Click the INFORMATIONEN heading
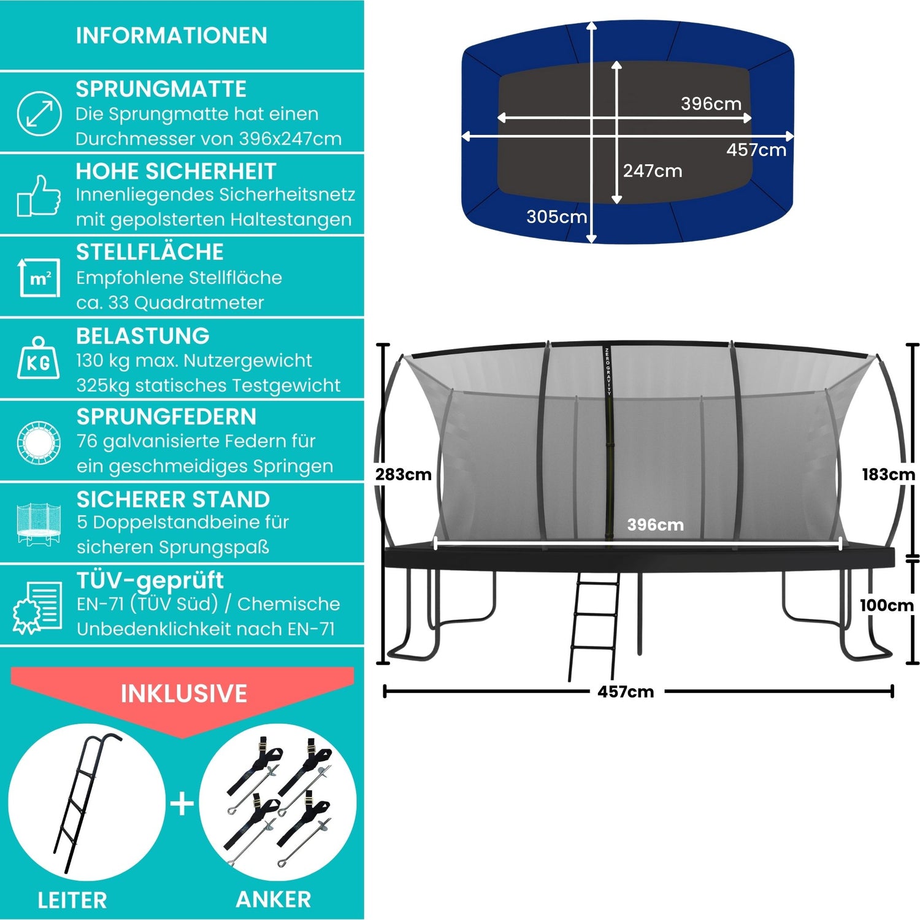(x=172, y=36)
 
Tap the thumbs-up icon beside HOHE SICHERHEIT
(x=39, y=196)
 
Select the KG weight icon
(x=39, y=358)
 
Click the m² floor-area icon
(x=39, y=277)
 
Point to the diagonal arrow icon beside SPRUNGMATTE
(x=39, y=113)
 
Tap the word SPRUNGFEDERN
(x=167, y=416)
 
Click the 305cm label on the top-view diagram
(x=556, y=217)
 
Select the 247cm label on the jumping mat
(x=653, y=171)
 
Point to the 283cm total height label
(x=403, y=474)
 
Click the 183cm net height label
(x=888, y=474)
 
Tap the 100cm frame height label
(x=886, y=605)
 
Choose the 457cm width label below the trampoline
(x=626, y=692)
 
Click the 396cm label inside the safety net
(x=655, y=524)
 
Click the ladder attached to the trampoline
(x=594, y=626)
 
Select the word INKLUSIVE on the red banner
(x=184, y=694)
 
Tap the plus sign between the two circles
(x=182, y=803)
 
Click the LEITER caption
(x=72, y=900)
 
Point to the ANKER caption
(x=274, y=899)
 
